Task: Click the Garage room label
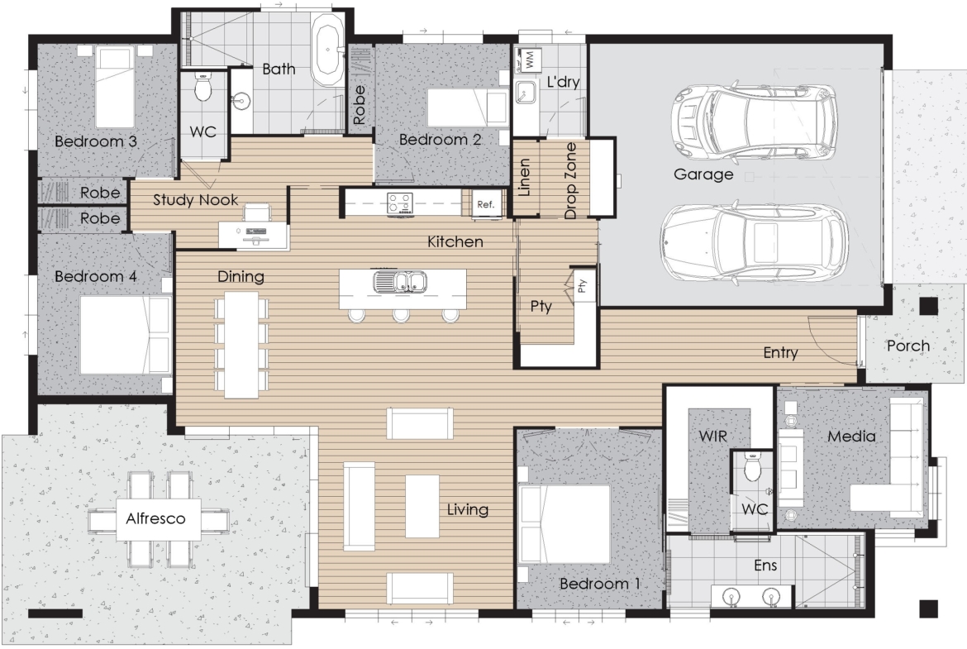point(703,174)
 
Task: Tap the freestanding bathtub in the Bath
point(327,50)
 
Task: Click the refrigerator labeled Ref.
point(486,204)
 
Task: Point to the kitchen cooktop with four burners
point(400,203)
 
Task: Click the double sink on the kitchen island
point(401,283)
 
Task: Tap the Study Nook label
point(196,200)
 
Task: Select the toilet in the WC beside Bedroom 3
point(202,88)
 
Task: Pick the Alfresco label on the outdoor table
point(155,518)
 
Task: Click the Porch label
point(907,346)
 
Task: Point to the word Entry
point(781,352)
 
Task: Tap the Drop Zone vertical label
point(570,180)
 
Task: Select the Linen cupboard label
point(524,178)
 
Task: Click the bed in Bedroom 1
point(564,523)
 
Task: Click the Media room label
point(851,437)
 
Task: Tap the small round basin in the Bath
point(241,101)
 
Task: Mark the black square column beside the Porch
point(929,306)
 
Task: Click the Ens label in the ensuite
point(765,565)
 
